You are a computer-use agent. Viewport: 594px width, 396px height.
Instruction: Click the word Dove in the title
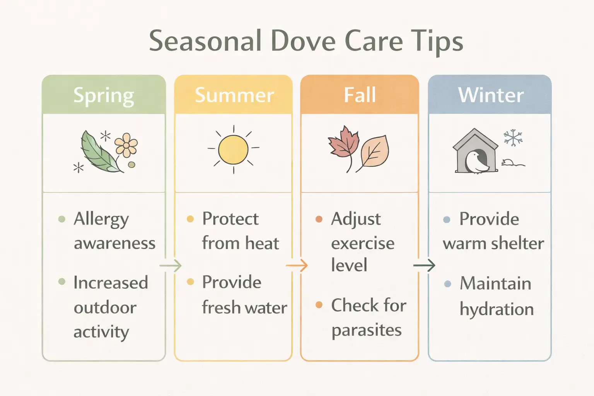tap(303, 41)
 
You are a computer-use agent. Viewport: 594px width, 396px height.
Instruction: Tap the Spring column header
tap(104, 95)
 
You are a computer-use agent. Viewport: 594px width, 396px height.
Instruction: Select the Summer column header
tap(234, 95)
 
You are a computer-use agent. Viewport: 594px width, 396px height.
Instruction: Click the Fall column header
tap(360, 95)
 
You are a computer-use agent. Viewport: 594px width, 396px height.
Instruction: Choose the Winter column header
tap(490, 95)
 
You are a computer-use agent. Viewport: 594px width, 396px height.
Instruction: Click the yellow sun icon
tap(233, 149)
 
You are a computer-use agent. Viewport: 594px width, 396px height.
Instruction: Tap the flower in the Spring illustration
tap(126, 145)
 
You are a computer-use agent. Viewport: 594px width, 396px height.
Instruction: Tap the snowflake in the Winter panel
tap(513, 138)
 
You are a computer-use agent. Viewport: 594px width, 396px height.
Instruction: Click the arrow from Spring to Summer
tap(171, 266)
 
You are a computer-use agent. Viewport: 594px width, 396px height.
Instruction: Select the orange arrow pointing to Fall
tap(297, 266)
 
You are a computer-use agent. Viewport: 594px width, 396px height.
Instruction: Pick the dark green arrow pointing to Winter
tap(424, 265)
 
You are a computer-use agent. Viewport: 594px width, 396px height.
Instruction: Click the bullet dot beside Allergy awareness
tap(61, 219)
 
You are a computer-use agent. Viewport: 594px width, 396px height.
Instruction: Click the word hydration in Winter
tap(497, 309)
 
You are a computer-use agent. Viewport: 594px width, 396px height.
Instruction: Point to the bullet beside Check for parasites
tap(319, 305)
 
